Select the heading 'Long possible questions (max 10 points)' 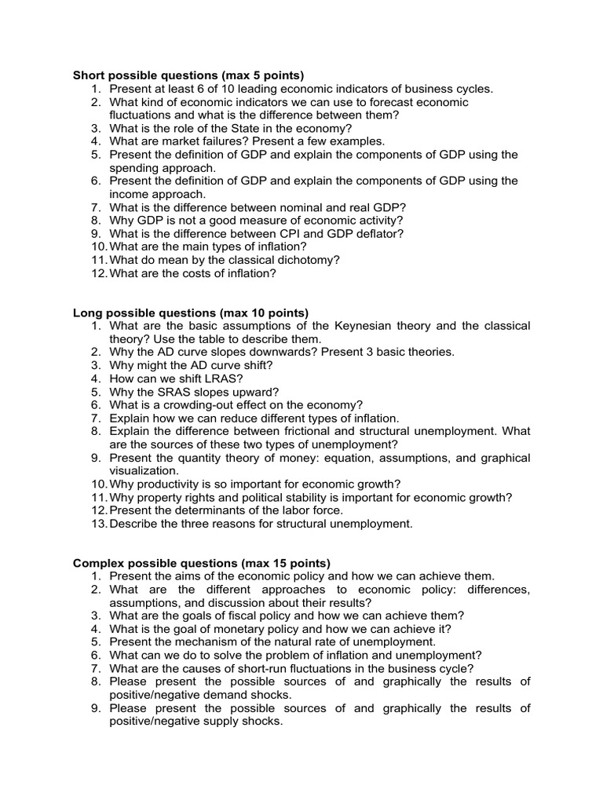[191, 312]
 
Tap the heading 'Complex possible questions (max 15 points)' [202, 563]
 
